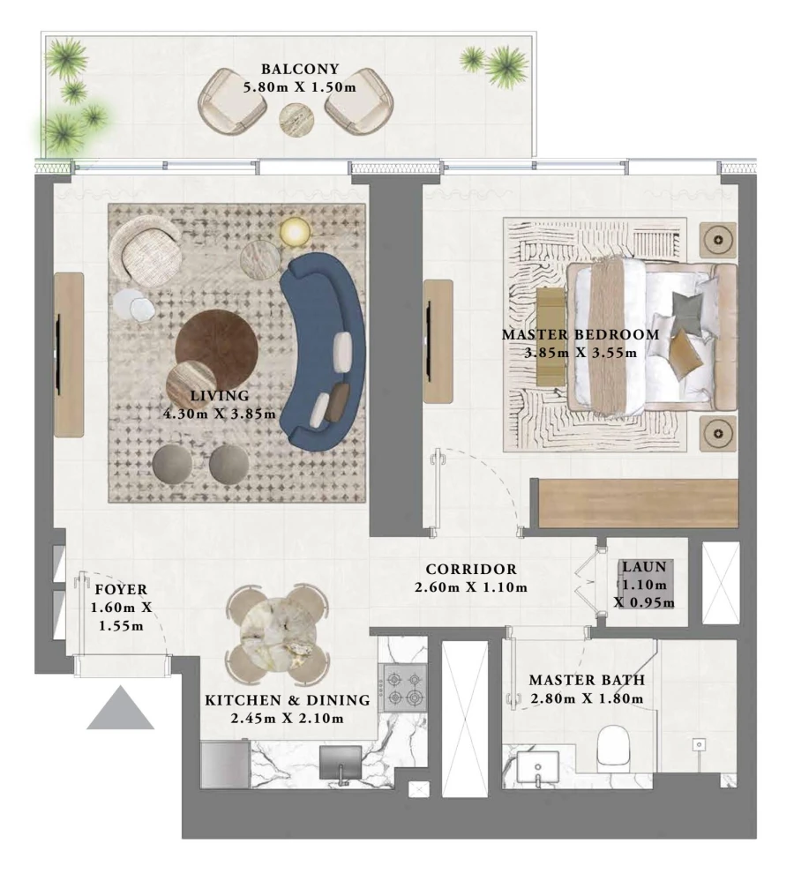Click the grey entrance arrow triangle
pos(120,710)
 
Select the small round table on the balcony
pos(296,119)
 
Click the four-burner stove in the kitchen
pos(403,688)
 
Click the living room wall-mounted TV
pos(60,353)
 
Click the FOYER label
pos(122,589)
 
